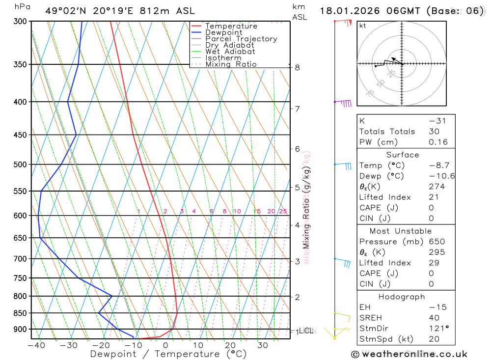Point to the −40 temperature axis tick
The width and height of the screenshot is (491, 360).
coord(36,345)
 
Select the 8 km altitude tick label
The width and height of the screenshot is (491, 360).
coord(298,67)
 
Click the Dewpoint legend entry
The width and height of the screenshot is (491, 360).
coord(223,32)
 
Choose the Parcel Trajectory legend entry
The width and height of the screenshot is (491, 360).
coord(241,39)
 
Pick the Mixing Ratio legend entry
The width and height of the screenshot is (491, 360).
coord(231,64)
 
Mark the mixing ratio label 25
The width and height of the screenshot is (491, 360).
coord(283,212)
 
